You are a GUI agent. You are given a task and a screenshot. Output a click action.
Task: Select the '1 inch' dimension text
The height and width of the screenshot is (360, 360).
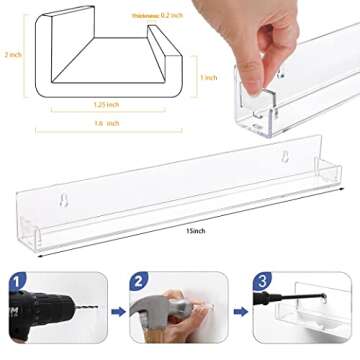207,77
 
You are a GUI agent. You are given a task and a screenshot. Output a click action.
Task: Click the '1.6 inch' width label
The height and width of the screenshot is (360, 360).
106,123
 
